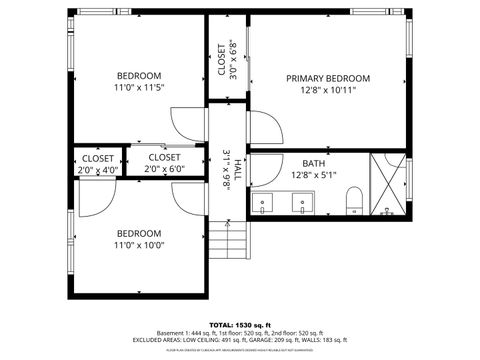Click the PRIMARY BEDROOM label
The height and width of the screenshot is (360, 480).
tap(328, 78)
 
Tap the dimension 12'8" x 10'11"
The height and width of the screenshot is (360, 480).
tap(328, 90)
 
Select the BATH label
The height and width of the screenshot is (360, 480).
tap(314, 163)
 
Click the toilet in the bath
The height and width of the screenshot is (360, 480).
tap(352, 206)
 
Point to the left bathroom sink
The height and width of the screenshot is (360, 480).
tap(264, 205)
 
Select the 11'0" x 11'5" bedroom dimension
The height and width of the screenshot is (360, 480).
tap(139, 88)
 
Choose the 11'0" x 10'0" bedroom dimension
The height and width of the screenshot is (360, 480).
tap(139, 245)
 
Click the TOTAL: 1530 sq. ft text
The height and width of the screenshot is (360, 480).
tap(239, 325)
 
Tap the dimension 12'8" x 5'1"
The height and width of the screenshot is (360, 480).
tap(314, 175)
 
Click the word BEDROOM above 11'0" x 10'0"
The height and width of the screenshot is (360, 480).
tap(139, 232)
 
